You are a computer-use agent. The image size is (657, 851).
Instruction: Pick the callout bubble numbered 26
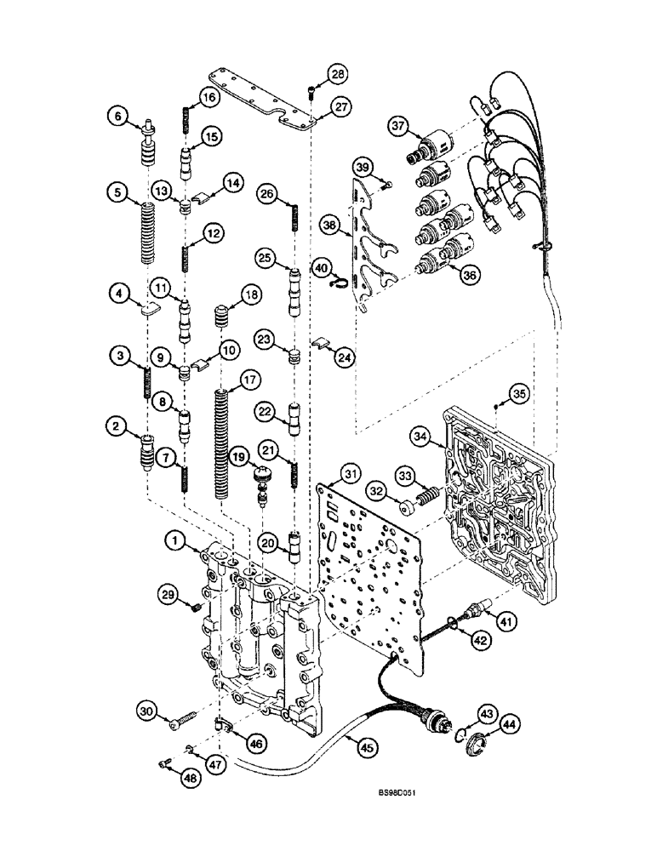[267, 194]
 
